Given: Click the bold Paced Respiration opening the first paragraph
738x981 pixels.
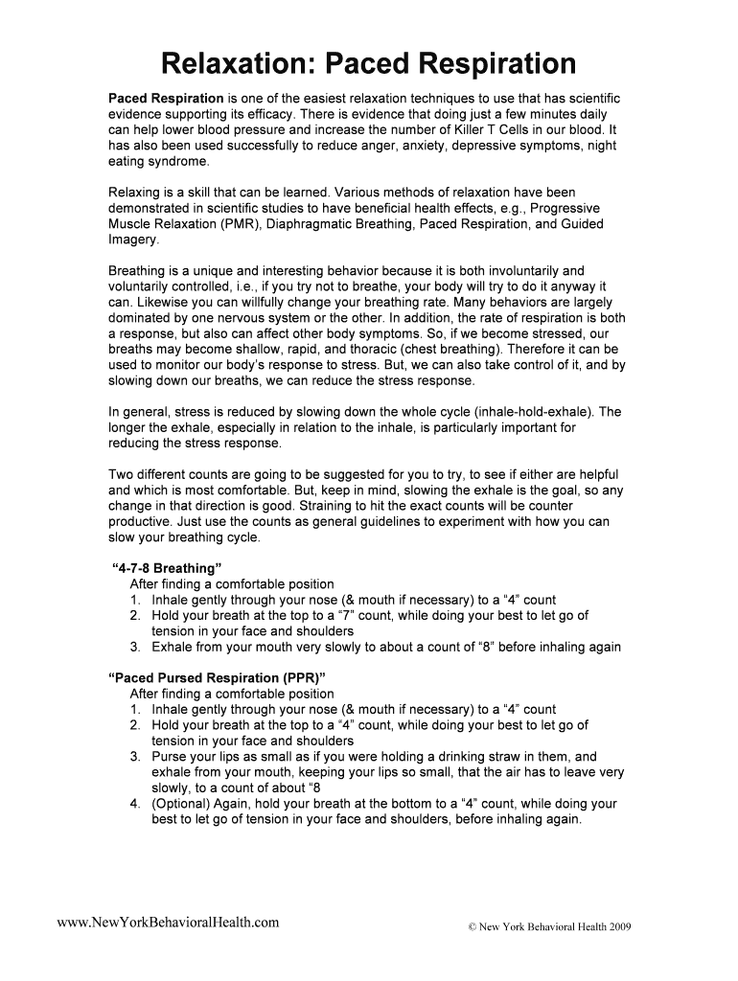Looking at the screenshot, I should pyautogui.click(x=165, y=99).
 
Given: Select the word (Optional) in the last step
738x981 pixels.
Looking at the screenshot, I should pyautogui.click(x=181, y=804).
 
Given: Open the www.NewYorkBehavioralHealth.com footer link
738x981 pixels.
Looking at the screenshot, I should pyautogui.click(x=169, y=922).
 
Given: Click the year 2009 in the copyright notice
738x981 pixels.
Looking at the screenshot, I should pyautogui.click(x=613, y=926).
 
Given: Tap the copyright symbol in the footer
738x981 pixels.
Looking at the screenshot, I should pyautogui.click(x=471, y=926).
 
